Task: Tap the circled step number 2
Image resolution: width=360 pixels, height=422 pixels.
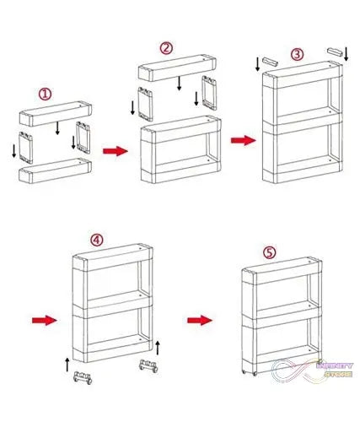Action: (166, 48)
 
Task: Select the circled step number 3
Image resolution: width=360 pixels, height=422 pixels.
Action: (297, 54)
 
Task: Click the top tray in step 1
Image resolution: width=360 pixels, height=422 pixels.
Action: (54, 113)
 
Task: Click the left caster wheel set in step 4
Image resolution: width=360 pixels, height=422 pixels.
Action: (82, 377)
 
